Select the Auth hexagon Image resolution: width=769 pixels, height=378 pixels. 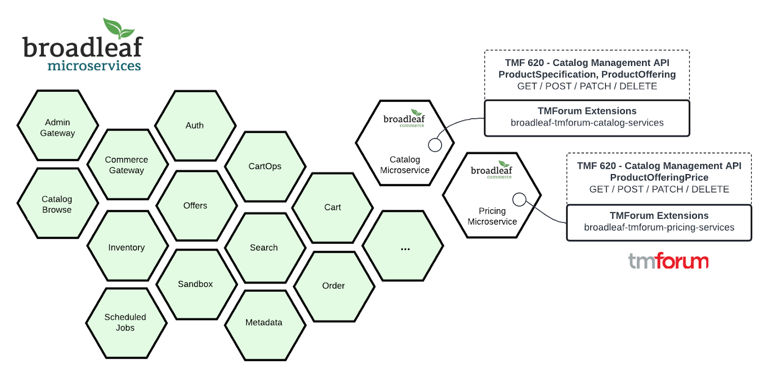pos(195,126)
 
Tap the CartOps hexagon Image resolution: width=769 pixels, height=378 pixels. pos(265,166)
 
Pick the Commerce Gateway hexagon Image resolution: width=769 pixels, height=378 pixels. pos(127,164)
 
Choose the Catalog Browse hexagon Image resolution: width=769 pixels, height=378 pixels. pos(57,204)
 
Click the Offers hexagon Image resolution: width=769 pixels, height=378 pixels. pos(196,206)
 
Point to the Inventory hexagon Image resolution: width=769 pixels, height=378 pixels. pos(127,247)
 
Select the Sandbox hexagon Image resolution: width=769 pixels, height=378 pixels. pos(196,284)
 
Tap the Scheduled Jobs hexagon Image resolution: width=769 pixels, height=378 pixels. pos(125,323)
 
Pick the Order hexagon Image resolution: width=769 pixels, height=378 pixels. pos(334,286)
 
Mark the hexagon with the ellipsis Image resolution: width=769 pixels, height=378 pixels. pos(403,246)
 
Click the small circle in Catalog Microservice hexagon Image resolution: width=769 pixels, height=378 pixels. pos(435,145)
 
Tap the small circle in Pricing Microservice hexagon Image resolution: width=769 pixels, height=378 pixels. pos(519,199)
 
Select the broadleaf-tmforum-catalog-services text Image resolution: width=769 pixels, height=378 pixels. pos(587,123)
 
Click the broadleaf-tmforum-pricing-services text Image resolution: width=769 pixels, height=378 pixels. pos(659,227)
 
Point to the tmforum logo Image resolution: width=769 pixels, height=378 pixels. pos(668,261)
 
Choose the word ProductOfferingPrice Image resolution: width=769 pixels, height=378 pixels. pos(659,177)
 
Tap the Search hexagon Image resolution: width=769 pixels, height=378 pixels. pos(264,248)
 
